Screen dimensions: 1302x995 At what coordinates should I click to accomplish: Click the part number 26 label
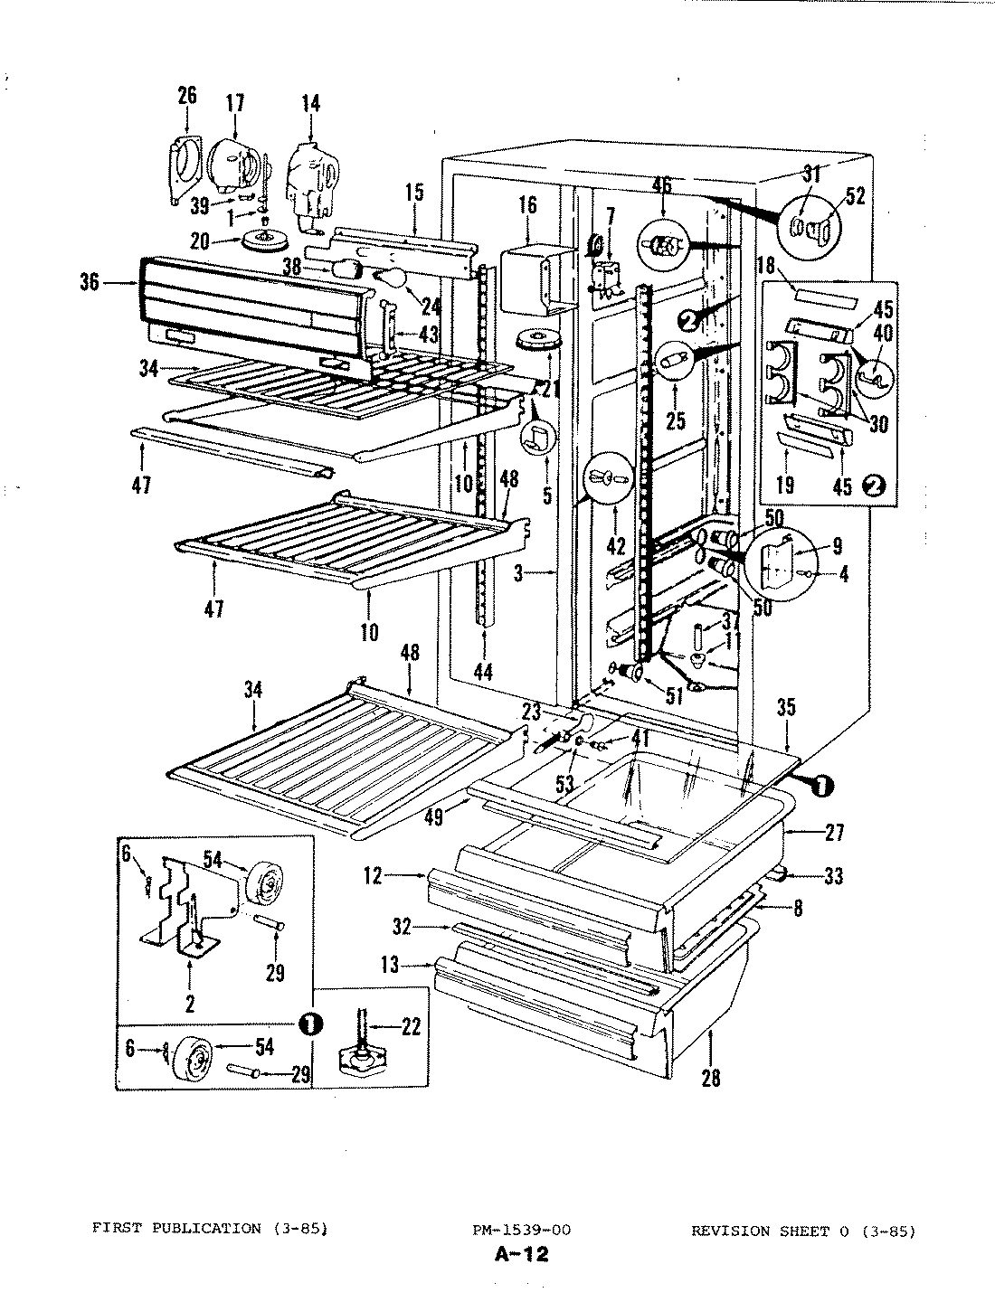tap(186, 95)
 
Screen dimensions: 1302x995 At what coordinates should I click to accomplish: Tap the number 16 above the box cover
tap(527, 205)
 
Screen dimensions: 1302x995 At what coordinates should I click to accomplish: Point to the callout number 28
tap(711, 1078)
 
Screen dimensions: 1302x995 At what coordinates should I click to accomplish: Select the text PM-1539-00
tap(520, 1230)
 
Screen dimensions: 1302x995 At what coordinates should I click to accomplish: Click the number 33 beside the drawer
tap(832, 875)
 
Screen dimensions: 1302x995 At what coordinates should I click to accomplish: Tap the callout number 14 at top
tap(310, 103)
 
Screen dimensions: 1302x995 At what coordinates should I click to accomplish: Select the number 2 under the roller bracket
tap(190, 1002)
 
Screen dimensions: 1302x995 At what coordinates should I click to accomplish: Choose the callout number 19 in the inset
tap(784, 486)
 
